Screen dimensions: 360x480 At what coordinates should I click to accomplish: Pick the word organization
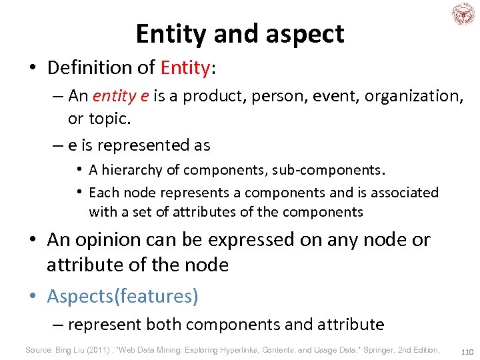click(414, 96)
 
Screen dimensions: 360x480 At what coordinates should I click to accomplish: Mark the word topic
click(108, 119)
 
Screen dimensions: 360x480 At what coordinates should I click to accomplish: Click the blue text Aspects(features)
click(123, 296)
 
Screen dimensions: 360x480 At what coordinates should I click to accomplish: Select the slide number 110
click(466, 351)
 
